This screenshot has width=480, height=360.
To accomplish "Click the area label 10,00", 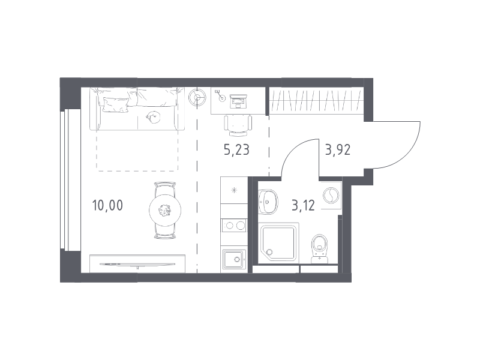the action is (x=107, y=205).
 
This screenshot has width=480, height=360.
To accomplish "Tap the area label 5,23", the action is (x=236, y=150).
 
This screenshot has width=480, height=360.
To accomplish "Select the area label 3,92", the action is (x=338, y=150).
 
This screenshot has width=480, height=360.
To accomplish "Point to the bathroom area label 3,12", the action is (x=303, y=205).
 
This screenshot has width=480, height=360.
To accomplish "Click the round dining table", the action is (x=165, y=211).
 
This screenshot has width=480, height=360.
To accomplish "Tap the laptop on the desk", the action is (x=238, y=101).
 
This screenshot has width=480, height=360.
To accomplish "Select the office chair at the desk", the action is (x=238, y=125).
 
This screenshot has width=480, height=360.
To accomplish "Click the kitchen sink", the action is (x=235, y=259).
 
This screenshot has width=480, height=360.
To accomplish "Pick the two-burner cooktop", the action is (x=234, y=226).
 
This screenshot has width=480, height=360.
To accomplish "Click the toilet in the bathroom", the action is (x=320, y=248).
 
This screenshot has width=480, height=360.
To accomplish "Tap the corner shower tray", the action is (x=278, y=243).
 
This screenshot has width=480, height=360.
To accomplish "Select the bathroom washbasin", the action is (x=268, y=202).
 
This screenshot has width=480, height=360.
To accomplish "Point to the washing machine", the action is (x=331, y=196).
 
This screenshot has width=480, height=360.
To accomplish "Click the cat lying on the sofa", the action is (x=153, y=116).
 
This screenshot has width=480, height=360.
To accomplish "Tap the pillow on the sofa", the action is (x=115, y=104).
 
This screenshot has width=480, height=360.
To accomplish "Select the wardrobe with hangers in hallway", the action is (x=316, y=101).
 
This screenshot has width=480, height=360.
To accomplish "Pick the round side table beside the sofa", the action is (x=197, y=97).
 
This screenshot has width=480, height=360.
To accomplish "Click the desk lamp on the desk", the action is (x=220, y=95).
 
